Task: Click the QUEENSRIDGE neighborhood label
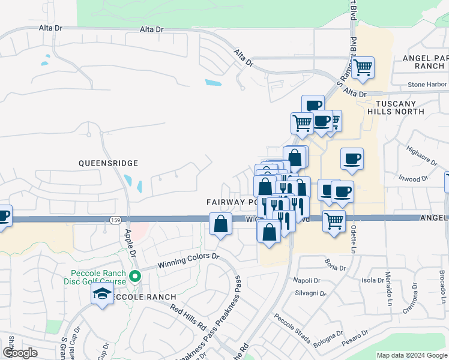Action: [108, 163]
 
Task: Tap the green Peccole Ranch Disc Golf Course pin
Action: [136, 277]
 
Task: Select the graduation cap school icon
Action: [102, 295]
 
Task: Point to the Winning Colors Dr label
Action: [188, 260]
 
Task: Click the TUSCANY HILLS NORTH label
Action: [400, 107]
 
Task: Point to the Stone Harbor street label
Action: [427, 85]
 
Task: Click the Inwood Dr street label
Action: [413, 178]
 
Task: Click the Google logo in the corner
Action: [20, 353]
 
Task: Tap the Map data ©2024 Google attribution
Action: [411, 355]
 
